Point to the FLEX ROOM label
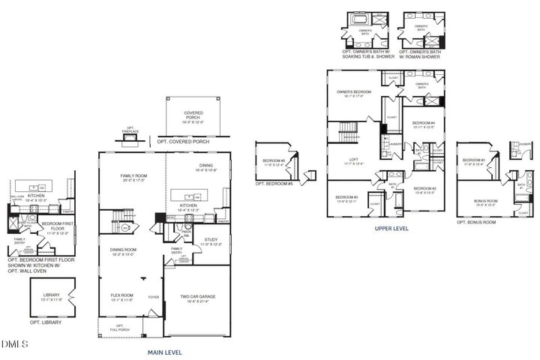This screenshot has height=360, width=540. [121, 297]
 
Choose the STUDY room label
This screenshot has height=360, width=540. [211, 241]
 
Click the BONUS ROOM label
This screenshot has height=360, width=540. [486, 202]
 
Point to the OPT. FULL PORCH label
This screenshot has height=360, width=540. [116, 326]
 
